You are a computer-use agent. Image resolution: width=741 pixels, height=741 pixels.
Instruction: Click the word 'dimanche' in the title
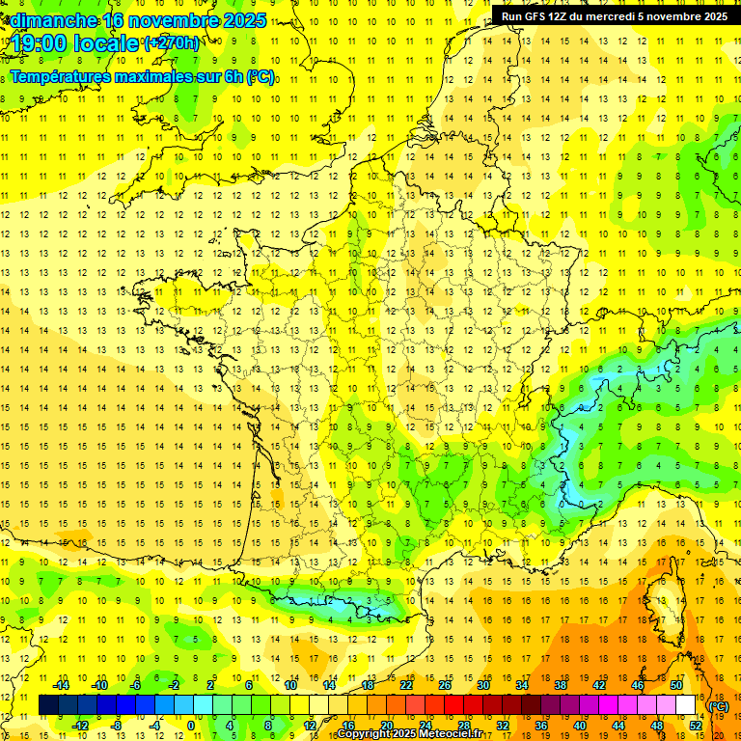[x=53, y=19]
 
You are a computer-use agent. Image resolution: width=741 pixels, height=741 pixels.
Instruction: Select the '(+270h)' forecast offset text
[x=173, y=43]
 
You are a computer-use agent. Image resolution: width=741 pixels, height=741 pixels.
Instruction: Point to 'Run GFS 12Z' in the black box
[x=534, y=16]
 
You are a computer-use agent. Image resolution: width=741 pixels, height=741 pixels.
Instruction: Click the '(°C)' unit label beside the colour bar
[x=719, y=705]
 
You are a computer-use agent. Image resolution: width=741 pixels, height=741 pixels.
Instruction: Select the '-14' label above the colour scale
[x=62, y=685]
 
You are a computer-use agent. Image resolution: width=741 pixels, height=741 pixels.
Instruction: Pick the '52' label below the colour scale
[x=696, y=726]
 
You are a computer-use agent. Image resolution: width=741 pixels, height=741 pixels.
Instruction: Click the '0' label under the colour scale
[x=190, y=726]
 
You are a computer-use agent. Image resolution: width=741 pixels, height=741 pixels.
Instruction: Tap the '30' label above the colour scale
[x=483, y=685]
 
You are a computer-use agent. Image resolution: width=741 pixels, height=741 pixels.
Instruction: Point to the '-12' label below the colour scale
[x=80, y=726]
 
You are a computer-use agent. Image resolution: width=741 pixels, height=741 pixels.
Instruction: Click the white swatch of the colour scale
[x=686, y=705]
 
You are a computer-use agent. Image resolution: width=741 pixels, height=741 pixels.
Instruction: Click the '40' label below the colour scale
[x=580, y=726]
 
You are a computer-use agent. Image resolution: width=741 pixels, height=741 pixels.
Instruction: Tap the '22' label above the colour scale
[x=406, y=685]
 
